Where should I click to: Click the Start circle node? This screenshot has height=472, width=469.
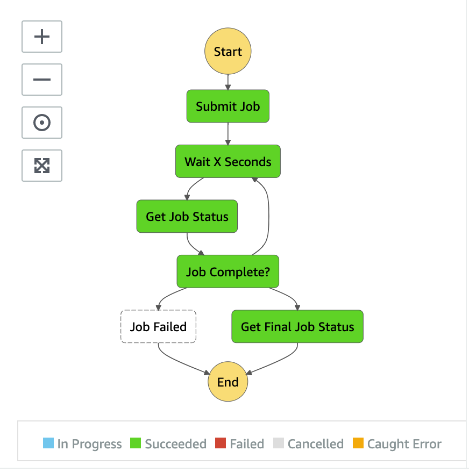pyautogui.click(x=228, y=51)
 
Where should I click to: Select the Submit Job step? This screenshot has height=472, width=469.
pyautogui.click(x=228, y=106)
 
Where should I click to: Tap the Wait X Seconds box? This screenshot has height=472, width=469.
pyautogui.click(x=228, y=161)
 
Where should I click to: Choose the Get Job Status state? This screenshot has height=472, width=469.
pyautogui.click(x=187, y=217)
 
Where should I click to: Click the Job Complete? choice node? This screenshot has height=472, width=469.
pyautogui.click(x=228, y=271)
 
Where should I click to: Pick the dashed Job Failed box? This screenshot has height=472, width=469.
pyautogui.click(x=159, y=327)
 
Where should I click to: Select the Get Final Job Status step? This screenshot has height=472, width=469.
pyautogui.click(x=297, y=327)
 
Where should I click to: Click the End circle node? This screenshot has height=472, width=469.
pyautogui.click(x=228, y=382)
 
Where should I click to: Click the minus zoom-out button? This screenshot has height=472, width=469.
pyautogui.click(x=42, y=80)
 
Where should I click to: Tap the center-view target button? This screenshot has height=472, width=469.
pyautogui.click(x=42, y=123)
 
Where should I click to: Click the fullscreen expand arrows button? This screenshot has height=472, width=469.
pyautogui.click(x=42, y=166)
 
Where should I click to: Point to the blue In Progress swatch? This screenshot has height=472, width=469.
pyautogui.click(x=48, y=443)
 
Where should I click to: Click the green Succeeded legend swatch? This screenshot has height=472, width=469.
pyautogui.click(x=136, y=443)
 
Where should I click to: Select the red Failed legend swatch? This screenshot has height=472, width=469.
pyautogui.click(x=221, y=443)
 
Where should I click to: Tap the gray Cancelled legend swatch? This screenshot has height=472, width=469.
pyautogui.click(x=278, y=443)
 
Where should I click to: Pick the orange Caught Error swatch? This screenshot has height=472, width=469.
pyautogui.click(x=358, y=443)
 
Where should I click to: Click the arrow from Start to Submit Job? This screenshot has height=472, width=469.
pyautogui.click(x=228, y=82)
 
